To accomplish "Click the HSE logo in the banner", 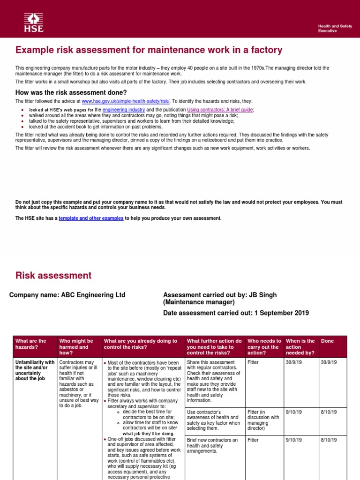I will coord(34,22).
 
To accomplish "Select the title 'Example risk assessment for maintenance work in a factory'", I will coord(149,50).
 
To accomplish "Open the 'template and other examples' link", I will coord(91,218).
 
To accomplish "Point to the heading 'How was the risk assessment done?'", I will coord(71,92).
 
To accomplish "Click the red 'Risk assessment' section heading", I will coord(53,276).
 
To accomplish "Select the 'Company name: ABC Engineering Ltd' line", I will coord(67,295).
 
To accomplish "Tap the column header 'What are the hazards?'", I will coord(31,344).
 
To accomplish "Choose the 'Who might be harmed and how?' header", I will coord(75,347).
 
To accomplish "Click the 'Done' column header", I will coord(327,341).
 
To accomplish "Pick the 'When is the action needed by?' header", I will coord(300,347).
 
